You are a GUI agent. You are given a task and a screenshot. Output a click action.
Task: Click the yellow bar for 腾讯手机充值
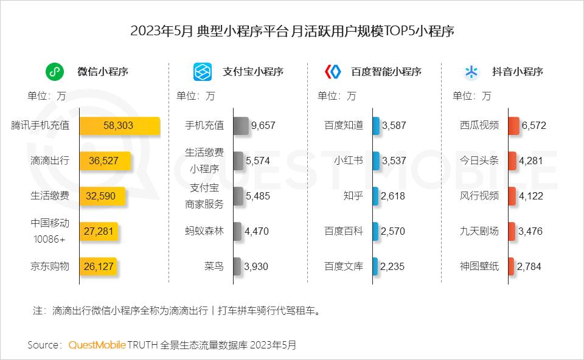[x=120, y=126]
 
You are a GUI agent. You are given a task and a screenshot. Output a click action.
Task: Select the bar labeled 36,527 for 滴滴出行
[x=105, y=161]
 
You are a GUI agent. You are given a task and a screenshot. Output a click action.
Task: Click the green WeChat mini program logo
[x=55, y=72]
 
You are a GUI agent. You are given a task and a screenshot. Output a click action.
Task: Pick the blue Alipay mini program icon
[x=203, y=72]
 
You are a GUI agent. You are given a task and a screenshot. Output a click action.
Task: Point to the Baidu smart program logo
[x=333, y=72]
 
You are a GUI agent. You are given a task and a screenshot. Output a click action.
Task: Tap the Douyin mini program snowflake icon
[x=471, y=72]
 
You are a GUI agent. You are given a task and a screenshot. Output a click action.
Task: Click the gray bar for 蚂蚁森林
[x=237, y=231]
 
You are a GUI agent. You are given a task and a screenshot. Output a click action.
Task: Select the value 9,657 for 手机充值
[x=263, y=126]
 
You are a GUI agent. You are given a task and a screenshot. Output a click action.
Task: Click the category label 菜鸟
[x=214, y=266]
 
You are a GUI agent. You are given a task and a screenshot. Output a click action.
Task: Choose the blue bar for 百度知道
[x=376, y=126]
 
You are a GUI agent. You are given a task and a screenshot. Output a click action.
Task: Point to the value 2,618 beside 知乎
[x=392, y=196]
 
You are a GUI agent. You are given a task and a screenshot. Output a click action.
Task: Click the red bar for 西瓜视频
[x=513, y=126]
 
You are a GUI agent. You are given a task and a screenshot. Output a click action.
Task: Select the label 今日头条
[x=479, y=161]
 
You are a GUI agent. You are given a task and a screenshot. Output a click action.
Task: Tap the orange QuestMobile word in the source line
[x=97, y=345]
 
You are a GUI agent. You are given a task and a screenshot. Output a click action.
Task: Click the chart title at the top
[x=292, y=31]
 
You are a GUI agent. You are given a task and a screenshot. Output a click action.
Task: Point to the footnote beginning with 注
[x=176, y=311]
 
